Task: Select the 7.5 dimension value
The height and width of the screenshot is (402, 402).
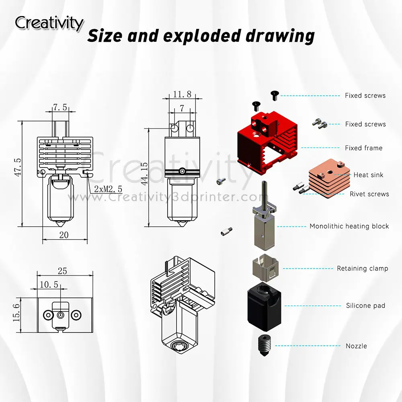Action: coord(59,107)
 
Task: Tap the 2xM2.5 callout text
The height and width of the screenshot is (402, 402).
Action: coord(108,189)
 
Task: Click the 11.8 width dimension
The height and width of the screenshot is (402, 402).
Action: coord(182,94)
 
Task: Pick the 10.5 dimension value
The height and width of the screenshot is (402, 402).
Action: coord(49,285)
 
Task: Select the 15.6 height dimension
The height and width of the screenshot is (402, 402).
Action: coord(16,312)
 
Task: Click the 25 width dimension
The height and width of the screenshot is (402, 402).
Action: coord(63,271)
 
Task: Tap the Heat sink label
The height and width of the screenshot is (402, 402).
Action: coord(368,175)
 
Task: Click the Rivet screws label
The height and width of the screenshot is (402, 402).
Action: coord(369,194)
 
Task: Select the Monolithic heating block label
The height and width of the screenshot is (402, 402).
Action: coord(349,226)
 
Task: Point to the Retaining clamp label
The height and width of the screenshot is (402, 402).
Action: coord(362,268)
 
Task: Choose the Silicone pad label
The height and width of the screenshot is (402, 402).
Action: coord(365,306)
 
